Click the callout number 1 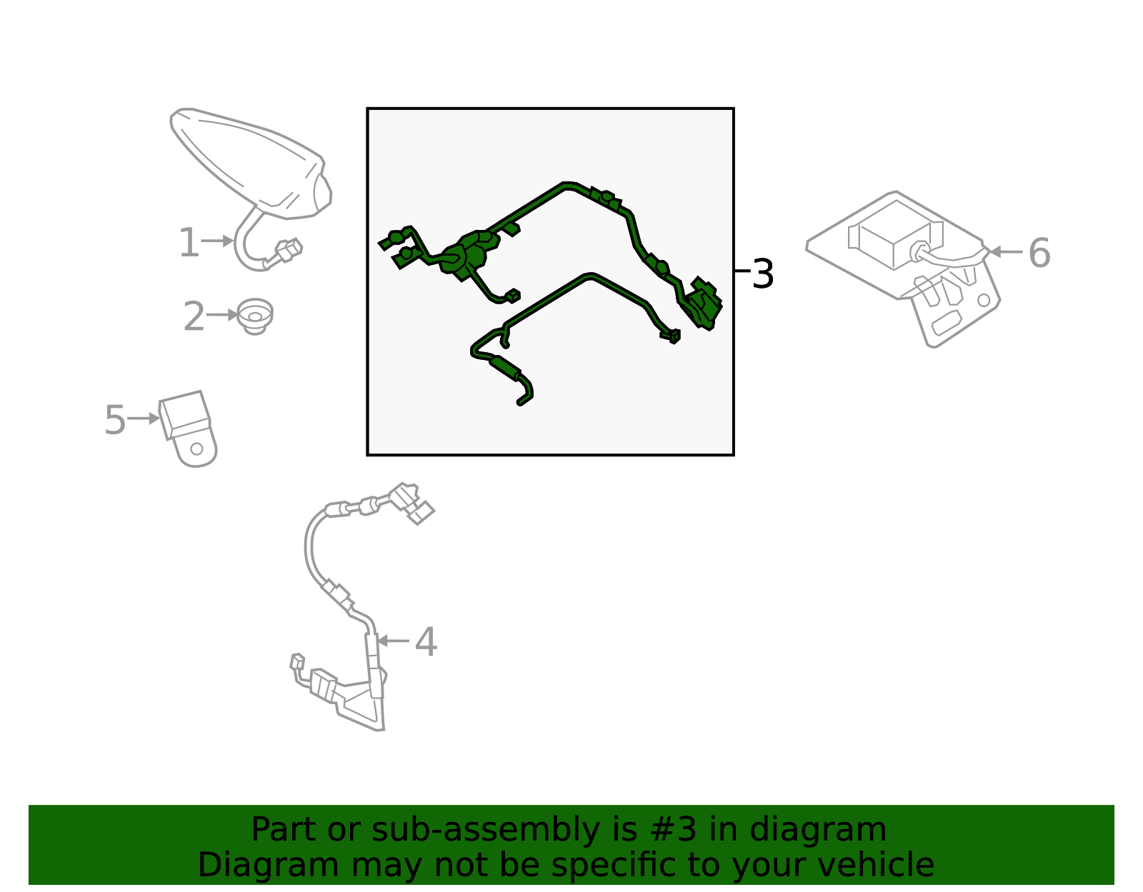(188, 243)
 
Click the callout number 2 (194, 317)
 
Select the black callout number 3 (763, 274)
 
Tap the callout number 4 (426, 642)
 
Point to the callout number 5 (114, 420)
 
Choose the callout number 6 (1039, 253)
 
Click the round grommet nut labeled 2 (254, 316)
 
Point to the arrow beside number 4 (393, 641)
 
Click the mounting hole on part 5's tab (196, 449)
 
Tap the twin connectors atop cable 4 (412, 502)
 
